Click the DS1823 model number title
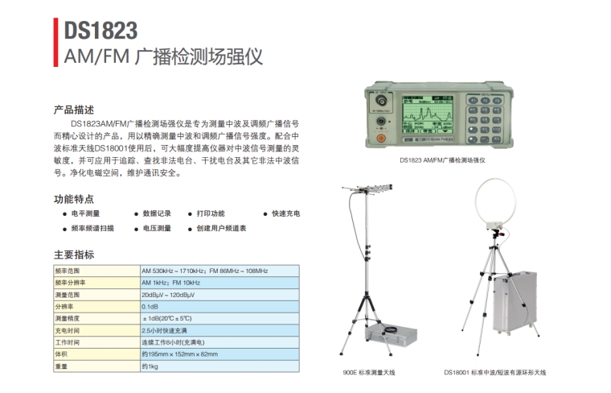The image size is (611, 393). (100, 31)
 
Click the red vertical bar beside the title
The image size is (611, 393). (55, 42)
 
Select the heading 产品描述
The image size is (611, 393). (74, 110)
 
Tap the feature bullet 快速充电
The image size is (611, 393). (281, 213)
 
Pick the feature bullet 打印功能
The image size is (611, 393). (207, 213)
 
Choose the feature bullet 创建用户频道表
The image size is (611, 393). (217, 228)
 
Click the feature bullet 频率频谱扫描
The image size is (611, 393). (88, 228)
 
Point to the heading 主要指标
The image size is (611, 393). (74, 254)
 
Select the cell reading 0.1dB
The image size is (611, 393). (150, 307)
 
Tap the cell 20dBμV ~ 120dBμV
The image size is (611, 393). (168, 295)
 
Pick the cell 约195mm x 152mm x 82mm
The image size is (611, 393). (179, 354)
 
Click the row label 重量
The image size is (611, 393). (61, 366)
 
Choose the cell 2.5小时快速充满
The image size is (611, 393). (164, 330)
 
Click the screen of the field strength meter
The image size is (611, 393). (428, 116)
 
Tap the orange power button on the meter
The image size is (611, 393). (381, 138)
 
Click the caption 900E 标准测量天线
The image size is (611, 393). (369, 373)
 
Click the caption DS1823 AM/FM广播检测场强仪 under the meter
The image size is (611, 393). (442, 160)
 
